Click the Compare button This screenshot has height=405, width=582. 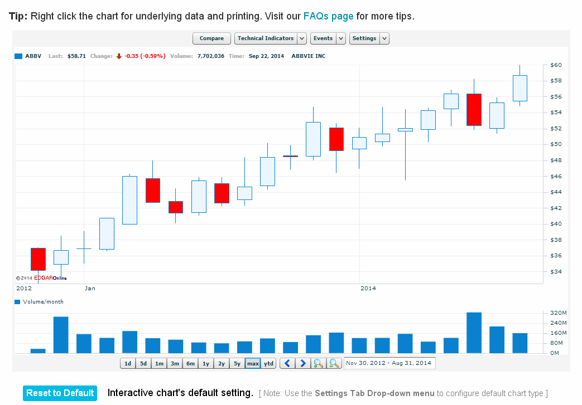[x=211, y=38]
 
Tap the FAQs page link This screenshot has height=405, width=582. [x=328, y=16]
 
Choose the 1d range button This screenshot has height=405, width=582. [x=128, y=364]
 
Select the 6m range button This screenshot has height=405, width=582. [x=190, y=364]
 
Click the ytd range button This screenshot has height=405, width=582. [x=269, y=364]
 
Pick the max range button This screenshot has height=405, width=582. [x=253, y=364]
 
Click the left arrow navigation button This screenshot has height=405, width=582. [x=287, y=364]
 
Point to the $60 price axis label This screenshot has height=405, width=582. [x=556, y=65]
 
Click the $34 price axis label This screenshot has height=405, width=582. [x=556, y=272]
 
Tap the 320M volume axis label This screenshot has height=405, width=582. [x=558, y=313]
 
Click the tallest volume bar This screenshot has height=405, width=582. [x=474, y=333]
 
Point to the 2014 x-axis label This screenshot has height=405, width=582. [x=368, y=289]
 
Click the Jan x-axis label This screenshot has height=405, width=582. [x=90, y=289]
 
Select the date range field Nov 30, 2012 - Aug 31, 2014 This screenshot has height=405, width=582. [x=389, y=364]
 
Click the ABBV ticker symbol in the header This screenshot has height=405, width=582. [x=33, y=56]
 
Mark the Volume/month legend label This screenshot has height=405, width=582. [x=43, y=302]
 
